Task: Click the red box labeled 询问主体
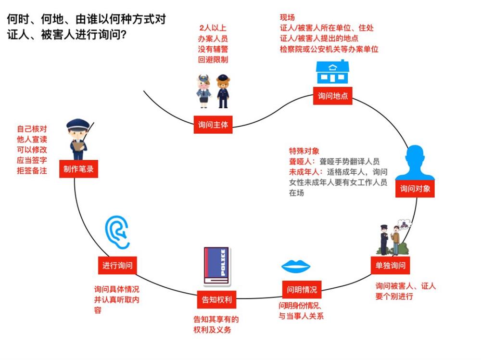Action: click(x=213, y=125)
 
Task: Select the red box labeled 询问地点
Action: click(x=332, y=96)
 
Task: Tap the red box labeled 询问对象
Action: click(x=415, y=189)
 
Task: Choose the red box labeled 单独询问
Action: click(x=390, y=265)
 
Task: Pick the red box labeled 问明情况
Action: click(x=302, y=290)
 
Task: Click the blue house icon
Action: click(x=332, y=72)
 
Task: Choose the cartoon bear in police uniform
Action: click(x=222, y=90)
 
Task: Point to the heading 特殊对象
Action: click(x=304, y=150)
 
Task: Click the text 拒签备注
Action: click(x=32, y=170)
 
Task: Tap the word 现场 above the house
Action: click(x=287, y=18)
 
